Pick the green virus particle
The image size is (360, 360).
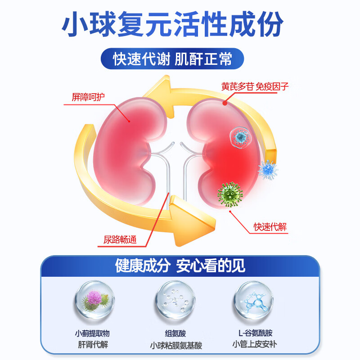pos(230,194)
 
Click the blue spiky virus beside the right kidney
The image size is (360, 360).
pos(268,170)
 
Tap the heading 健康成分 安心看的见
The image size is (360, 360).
pos(180,265)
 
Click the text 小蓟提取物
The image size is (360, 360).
pos(92,333)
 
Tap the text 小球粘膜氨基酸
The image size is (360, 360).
pos(176,346)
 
